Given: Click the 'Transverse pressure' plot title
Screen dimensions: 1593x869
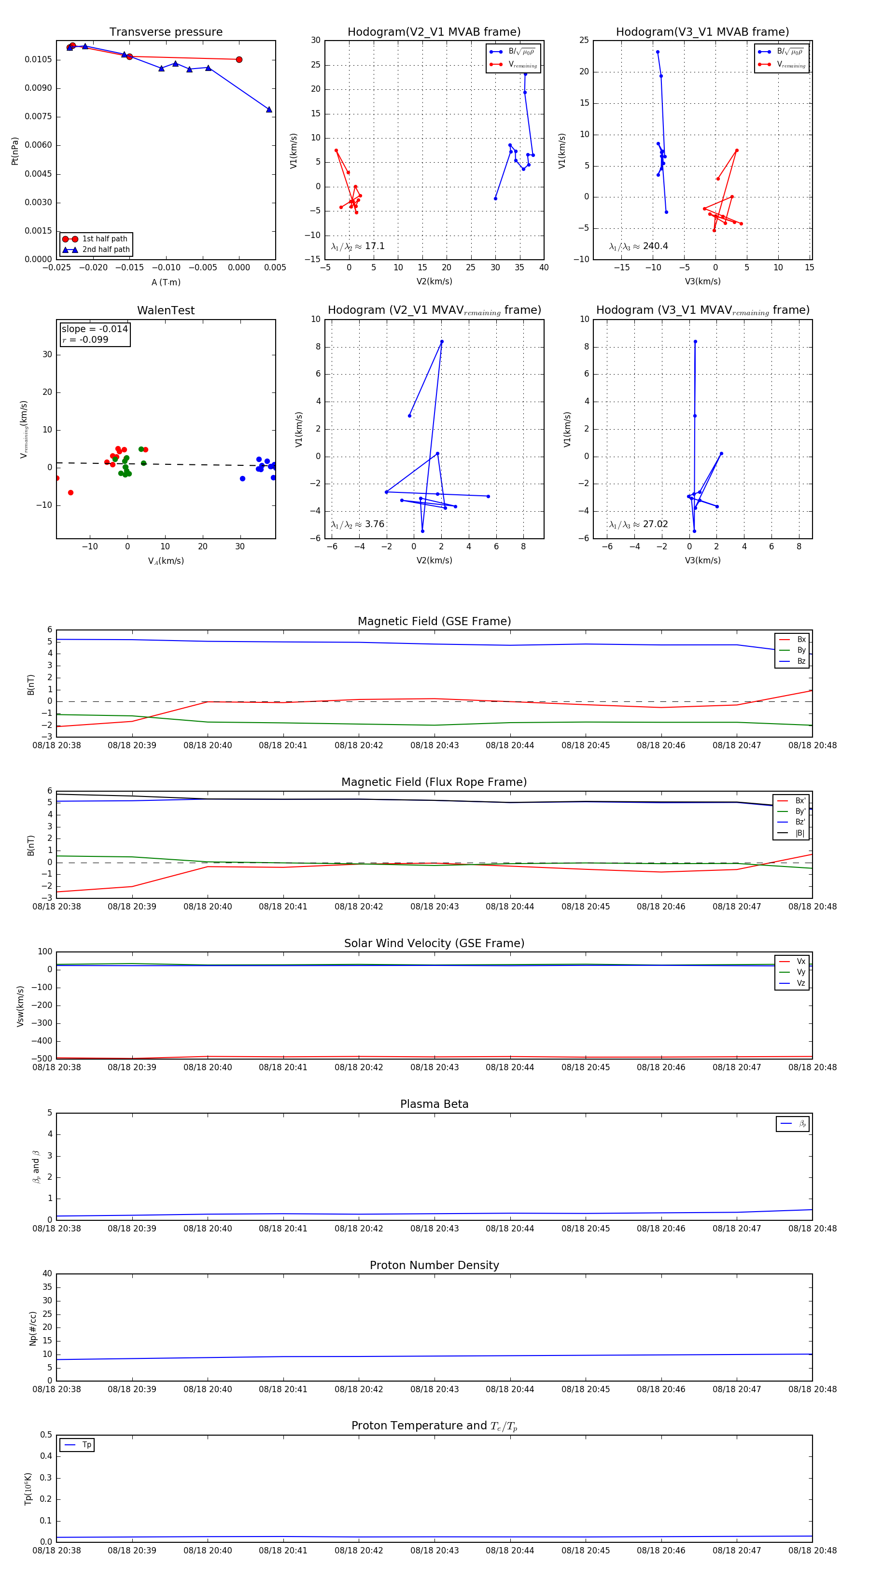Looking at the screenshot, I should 166,32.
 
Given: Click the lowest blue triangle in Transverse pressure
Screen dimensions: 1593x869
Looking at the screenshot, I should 269,110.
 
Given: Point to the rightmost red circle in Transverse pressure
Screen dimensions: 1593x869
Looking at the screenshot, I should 239,59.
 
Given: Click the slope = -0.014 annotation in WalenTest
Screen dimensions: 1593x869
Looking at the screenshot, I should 95,329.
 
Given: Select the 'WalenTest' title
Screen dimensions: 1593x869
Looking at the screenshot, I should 166,310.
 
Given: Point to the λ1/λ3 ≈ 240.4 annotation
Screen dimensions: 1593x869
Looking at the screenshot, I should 638,246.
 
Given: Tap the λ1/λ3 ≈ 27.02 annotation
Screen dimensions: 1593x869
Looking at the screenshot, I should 638,524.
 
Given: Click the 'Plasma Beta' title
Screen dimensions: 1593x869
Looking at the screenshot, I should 434,1104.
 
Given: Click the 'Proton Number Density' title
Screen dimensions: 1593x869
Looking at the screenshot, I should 434,1265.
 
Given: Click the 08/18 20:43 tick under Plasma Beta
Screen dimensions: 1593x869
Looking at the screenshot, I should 434,1228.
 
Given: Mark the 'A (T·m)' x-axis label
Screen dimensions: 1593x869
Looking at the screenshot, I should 166,282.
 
